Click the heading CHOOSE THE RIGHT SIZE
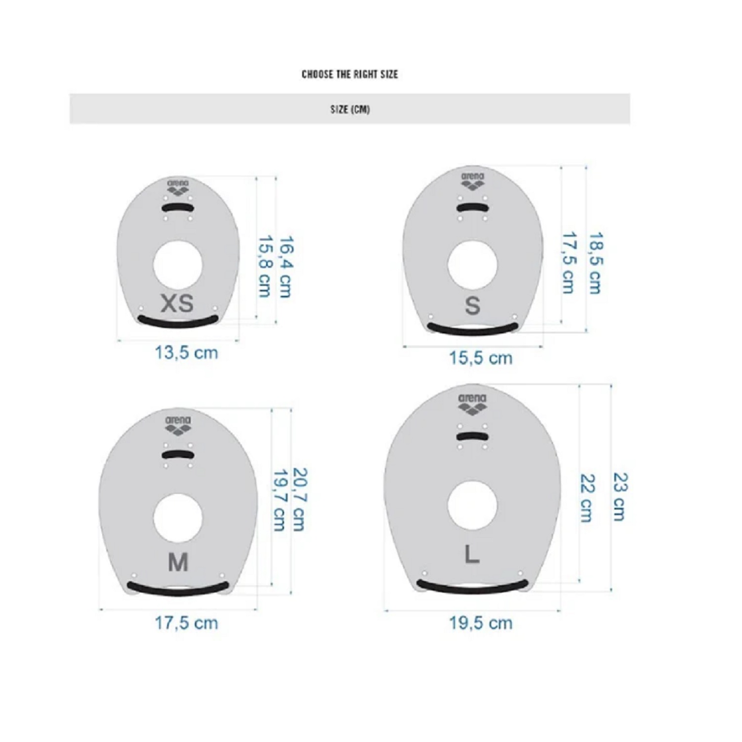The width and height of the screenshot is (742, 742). (350, 74)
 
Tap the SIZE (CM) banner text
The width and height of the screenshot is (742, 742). (350, 109)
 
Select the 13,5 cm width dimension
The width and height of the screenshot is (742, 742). (186, 353)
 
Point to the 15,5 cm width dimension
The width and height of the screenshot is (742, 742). (480, 358)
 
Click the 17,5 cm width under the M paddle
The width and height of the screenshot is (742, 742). (186, 623)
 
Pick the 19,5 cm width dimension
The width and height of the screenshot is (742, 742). (480, 623)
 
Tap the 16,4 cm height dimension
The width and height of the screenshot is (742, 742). (285, 267)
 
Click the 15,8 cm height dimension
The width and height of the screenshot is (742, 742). (265, 267)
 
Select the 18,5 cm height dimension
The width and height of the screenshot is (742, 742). (595, 263)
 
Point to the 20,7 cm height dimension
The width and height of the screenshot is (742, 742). (299, 500)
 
